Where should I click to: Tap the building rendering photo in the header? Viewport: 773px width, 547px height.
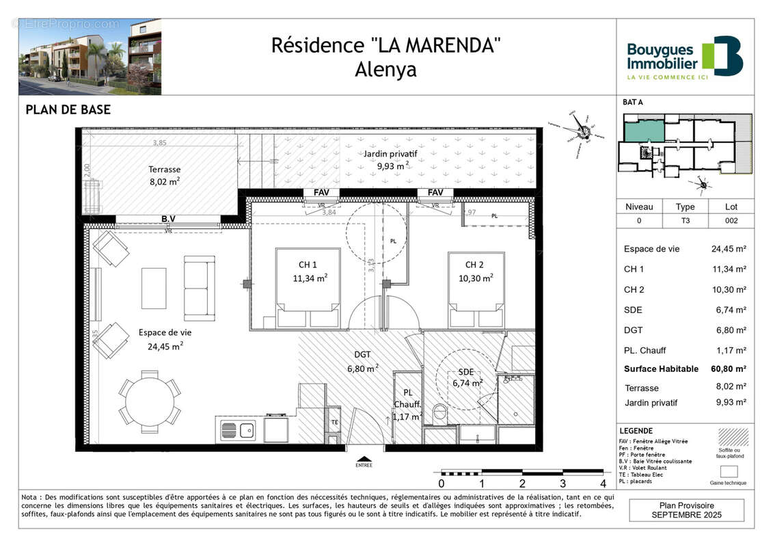90,57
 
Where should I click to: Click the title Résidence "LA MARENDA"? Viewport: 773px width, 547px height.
386,45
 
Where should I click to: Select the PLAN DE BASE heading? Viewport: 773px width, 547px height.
68,109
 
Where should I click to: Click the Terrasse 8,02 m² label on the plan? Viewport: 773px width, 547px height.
164,175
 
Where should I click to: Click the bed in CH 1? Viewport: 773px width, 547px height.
308,288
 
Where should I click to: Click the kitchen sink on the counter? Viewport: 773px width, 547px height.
238,431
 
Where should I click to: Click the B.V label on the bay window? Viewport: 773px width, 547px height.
168,219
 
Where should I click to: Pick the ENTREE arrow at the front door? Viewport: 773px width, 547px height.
364,460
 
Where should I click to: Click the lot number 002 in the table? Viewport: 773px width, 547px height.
731,220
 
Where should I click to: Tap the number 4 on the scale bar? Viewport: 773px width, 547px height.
603,483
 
